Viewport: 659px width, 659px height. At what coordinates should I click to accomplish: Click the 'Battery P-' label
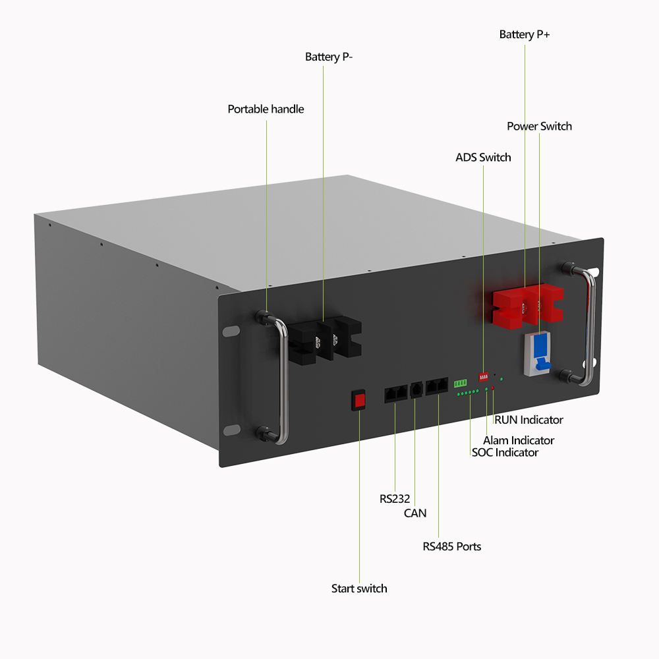click(x=329, y=57)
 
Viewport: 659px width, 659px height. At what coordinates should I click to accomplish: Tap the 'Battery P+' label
click(x=525, y=34)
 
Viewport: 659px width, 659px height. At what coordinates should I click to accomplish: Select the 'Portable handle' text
click(x=266, y=109)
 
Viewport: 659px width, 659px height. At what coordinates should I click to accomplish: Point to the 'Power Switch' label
click(x=539, y=126)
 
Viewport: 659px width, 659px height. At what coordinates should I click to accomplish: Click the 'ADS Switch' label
click(x=483, y=158)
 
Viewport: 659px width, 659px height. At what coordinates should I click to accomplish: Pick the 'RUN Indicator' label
click(x=529, y=420)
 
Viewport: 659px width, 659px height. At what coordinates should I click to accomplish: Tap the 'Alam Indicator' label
click(x=519, y=440)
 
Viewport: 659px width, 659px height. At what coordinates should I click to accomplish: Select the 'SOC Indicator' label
click(x=505, y=453)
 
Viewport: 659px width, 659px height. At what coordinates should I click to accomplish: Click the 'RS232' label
click(x=395, y=499)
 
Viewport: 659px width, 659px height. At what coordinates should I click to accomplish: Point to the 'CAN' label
click(x=415, y=513)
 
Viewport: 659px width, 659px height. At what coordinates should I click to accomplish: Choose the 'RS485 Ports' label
click(x=452, y=546)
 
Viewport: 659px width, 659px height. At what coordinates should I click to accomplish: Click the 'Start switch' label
click(x=359, y=588)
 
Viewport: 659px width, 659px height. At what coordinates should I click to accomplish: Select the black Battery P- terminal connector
click(x=327, y=340)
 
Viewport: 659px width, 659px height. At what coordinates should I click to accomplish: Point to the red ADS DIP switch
click(x=484, y=377)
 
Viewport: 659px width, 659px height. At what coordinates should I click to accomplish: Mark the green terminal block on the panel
click(x=460, y=383)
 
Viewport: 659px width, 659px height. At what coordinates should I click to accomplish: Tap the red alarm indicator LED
click(x=493, y=389)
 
